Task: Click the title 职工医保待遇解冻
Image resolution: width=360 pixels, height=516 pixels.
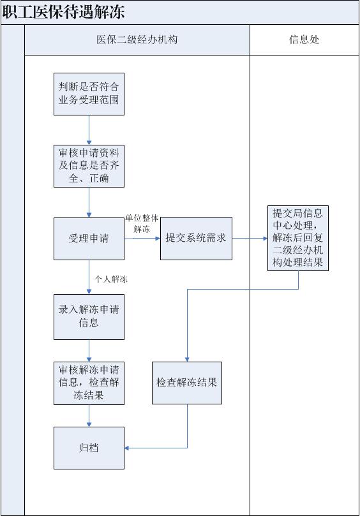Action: (x=64, y=12)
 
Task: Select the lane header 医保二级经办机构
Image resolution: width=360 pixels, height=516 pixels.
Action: (x=137, y=40)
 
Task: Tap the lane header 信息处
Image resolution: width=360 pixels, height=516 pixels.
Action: (x=304, y=40)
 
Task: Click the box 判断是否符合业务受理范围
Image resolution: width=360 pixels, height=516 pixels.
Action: (x=89, y=94)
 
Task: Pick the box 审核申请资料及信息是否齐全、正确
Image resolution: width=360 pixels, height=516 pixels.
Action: (x=89, y=166)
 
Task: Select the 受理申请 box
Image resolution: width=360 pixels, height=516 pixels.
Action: (x=89, y=239)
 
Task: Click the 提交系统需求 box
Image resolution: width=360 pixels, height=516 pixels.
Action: (x=196, y=239)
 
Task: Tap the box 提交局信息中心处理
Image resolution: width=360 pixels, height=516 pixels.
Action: (x=298, y=239)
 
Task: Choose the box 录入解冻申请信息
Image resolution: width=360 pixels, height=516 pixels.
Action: (x=89, y=316)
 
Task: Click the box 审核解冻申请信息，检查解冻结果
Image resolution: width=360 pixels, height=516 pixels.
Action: (x=89, y=383)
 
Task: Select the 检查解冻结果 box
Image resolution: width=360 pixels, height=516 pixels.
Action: (x=187, y=383)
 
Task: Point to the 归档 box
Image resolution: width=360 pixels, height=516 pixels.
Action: (x=89, y=448)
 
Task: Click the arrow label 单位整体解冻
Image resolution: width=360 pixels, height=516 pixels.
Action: (x=142, y=223)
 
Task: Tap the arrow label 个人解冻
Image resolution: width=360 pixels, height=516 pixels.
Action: (x=111, y=279)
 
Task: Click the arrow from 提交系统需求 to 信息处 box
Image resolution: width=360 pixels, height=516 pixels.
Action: (x=250, y=239)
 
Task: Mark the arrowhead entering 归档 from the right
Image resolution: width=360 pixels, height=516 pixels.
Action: (x=127, y=448)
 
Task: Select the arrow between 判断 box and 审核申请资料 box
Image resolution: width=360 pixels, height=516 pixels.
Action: (x=89, y=130)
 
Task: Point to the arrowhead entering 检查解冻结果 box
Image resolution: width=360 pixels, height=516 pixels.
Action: (x=187, y=360)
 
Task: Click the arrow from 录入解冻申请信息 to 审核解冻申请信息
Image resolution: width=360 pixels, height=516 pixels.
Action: (x=89, y=351)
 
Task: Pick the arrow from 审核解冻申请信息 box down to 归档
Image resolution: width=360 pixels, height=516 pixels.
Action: (x=89, y=416)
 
